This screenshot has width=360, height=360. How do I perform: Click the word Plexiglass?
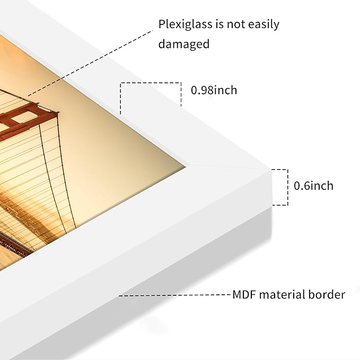tap(185, 24)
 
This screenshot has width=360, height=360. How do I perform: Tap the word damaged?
tap(183, 43)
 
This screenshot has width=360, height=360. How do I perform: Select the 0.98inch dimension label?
tap(214, 90)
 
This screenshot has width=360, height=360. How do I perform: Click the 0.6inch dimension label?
tap(313, 186)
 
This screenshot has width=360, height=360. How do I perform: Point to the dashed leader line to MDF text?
tap(174, 295)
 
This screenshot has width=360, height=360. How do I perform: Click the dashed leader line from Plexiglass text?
tap(90, 63)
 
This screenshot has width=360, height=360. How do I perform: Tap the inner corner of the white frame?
tap(186, 165)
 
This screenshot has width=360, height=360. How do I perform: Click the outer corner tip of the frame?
tap(271, 170)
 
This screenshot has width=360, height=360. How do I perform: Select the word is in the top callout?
tap(219, 24)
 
